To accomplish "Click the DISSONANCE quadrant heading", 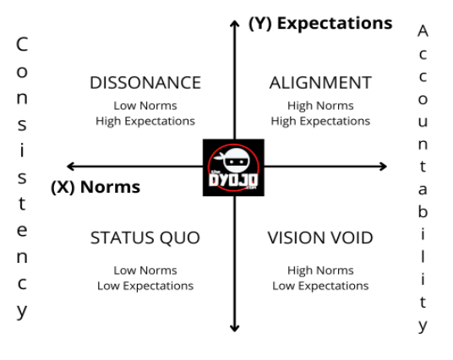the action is pos(145,83).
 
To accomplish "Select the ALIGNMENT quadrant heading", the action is pos(320,83).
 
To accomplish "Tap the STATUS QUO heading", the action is pos(145,237).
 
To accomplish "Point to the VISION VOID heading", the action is pos(320,237).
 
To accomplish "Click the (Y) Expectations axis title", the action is pos(320,24).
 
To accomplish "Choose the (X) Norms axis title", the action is pos(96,187).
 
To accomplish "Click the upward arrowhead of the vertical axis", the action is pos(235,24).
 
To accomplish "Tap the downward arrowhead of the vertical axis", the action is pos(235,328).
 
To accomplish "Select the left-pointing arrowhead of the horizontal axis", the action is pos(70,166).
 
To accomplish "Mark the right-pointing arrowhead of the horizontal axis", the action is pos(384,166).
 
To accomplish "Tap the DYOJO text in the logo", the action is pos(233,181).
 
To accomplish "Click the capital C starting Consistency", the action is pos(22,44).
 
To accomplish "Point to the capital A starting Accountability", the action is pos(423,31).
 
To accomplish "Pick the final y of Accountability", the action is pos(423,326).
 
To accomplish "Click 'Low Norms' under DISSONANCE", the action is pos(145,106).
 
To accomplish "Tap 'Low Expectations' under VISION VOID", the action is pos(320,286).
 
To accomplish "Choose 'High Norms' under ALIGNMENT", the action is pos(320,106).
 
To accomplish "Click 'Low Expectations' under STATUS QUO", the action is pos(145,286).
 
